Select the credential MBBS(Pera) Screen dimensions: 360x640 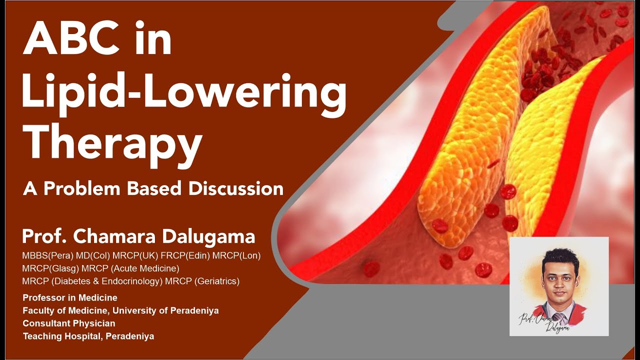[x=47, y=255]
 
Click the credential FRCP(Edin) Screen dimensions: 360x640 [x=185, y=255]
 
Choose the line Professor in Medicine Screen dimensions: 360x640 [x=70, y=298]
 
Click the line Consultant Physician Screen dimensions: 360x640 [x=69, y=323]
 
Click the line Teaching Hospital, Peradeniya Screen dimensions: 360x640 [x=88, y=336]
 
